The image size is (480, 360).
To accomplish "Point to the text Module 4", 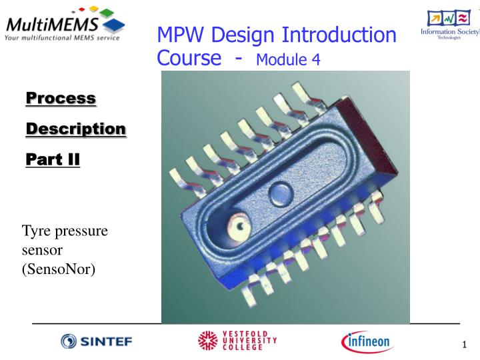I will (288, 60).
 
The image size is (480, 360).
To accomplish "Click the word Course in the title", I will (189, 59).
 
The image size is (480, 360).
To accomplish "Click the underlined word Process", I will (61, 98).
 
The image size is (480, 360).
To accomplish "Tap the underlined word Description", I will (75, 129).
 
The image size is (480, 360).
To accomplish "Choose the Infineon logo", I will (367, 341).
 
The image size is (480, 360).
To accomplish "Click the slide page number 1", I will (463, 345).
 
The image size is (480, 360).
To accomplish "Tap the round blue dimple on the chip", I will (279, 195).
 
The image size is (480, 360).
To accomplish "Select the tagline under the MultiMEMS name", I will (61, 38).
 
